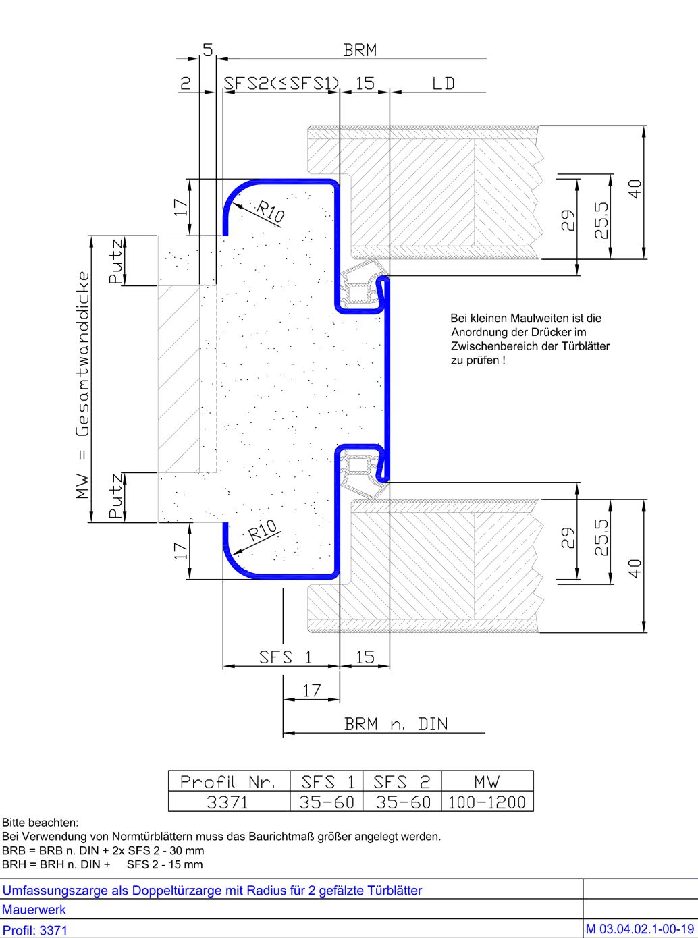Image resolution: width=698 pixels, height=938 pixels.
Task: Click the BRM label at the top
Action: tap(360, 50)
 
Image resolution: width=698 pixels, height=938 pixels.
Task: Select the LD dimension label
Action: tap(444, 84)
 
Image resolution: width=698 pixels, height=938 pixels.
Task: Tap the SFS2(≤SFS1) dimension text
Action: tap(281, 84)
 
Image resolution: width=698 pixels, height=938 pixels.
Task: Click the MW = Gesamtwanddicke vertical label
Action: tap(82, 385)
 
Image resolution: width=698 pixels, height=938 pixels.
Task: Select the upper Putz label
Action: tap(116, 261)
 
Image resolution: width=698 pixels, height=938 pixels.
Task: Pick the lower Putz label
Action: tap(116, 497)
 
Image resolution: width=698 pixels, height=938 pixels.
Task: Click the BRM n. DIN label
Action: tap(396, 724)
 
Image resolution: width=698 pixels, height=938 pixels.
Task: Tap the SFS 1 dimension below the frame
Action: tap(286, 657)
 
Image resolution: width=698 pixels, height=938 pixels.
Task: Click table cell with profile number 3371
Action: tap(227, 802)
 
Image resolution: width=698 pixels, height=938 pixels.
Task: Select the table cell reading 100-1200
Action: tap(487, 802)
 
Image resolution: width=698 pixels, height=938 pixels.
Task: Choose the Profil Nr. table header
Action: tap(228, 782)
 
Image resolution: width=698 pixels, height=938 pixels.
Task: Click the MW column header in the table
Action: tap(487, 782)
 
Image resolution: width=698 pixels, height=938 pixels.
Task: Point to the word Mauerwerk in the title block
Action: tap(34, 910)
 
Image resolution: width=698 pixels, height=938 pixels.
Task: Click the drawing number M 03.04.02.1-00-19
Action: tap(640, 929)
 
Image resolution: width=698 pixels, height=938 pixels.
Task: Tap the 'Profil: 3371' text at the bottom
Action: tap(35, 930)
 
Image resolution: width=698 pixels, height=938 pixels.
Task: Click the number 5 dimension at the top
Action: tap(207, 50)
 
